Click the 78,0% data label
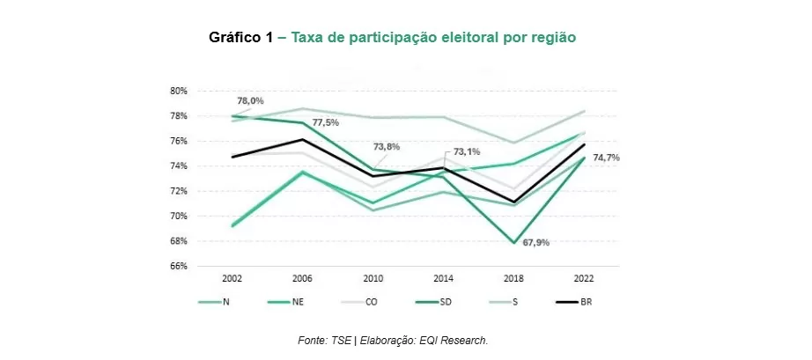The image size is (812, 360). pyautogui.click(x=250, y=101)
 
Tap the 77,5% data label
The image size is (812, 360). pyautogui.click(x=325, y=122)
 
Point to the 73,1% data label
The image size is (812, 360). pyautogui.click(x=466, y=151)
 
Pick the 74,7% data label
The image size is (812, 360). pyautogui.click(x=607, y=157)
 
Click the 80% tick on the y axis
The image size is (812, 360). pyautogui.click(x=179, y=91)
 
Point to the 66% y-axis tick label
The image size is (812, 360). pyautogui.click(x=179, y=266)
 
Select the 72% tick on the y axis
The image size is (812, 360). pyautogui.click(x=179, y=191)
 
